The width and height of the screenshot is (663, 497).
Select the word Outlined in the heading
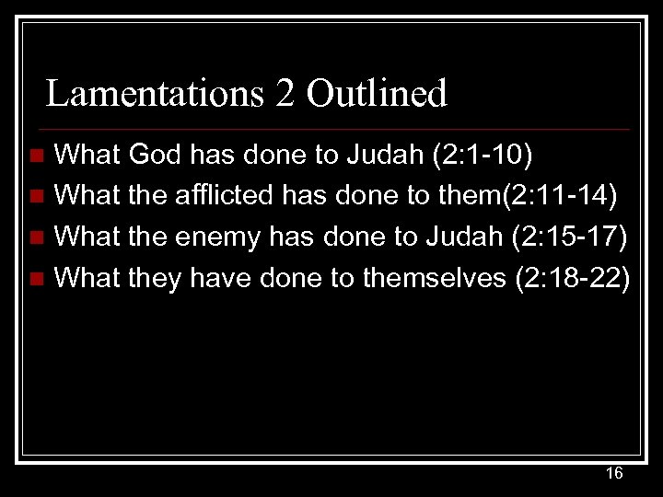(x=378, y=94)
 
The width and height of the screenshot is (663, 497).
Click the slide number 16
(x=614, y=473)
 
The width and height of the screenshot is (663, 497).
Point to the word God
(x=156, y=154)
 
